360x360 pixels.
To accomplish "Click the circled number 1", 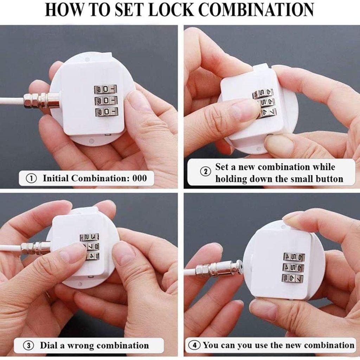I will point(32,179).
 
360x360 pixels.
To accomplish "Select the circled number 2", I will point(205,172).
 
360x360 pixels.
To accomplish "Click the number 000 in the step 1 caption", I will point(140,178).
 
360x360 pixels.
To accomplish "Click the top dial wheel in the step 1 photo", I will point(105,89).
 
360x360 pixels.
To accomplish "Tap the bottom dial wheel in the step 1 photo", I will point(106,112).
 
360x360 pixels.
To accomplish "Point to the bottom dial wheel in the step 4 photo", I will point(292,279).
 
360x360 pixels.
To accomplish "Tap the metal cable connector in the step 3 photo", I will point(36,248).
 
